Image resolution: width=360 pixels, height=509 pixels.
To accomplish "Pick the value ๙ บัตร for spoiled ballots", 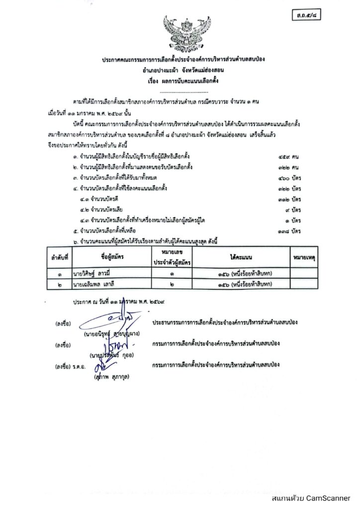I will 297,210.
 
